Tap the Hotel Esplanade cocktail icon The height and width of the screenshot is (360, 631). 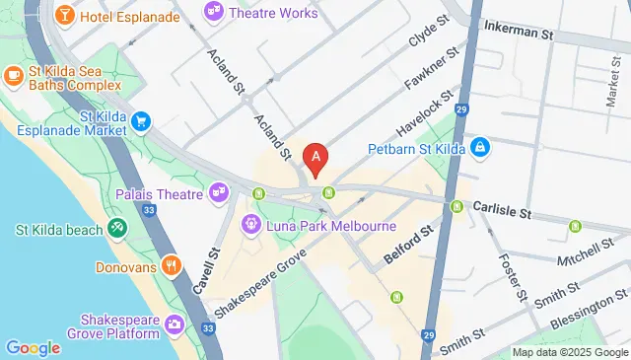(63, 16)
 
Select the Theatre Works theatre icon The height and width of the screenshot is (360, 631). (213, 13)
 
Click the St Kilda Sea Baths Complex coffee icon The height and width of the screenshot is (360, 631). (14, 75)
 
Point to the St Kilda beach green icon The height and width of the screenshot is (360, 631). (118, 230)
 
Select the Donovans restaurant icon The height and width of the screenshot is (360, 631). (173, 265)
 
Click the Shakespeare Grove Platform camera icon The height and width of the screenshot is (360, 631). (175, 323)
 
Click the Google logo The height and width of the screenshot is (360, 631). (33, 347)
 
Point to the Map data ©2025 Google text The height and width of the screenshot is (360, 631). (570, 352)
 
